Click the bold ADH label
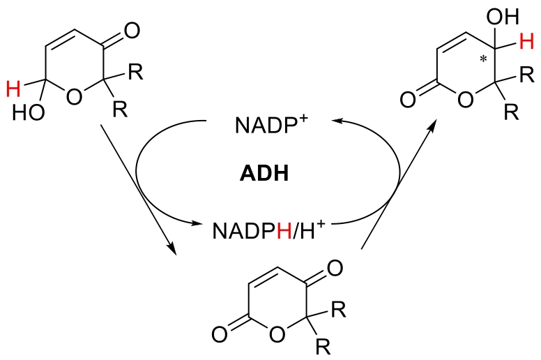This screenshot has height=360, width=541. coord(264,173)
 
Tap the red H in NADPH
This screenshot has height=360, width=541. coord(284,231)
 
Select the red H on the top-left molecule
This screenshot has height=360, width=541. coord(13,89)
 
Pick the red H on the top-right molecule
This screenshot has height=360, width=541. coord(526,41)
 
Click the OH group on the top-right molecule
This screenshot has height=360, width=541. coord(503,16)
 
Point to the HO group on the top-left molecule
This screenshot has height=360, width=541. coord(29,112)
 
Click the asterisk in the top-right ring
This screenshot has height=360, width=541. coord(483,59)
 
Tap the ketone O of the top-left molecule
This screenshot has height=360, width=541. coord(132,31)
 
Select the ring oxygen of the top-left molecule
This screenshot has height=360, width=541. coord(74,96)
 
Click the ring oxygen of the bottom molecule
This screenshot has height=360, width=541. coord(277,333)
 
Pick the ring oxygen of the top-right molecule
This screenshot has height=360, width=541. coord(466,99)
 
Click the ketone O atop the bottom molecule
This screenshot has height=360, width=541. coord(335,268)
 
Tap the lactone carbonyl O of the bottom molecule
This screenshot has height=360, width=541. coord(220,334)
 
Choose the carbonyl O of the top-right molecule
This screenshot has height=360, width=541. coord(408,100)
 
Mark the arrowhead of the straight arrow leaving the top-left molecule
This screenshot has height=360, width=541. coord(172,248)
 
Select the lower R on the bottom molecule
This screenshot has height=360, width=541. coord(323,347)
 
